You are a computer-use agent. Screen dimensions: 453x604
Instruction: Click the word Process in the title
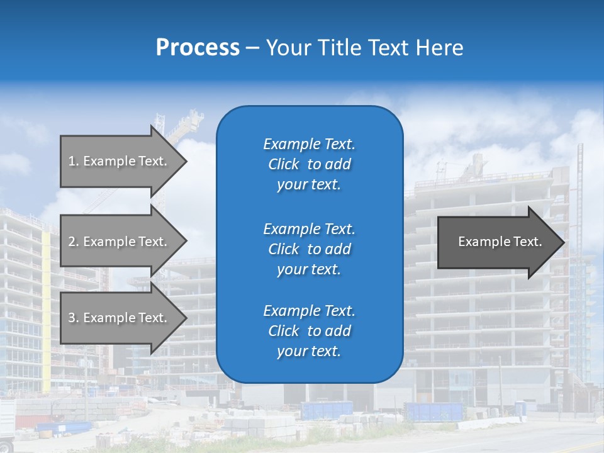point(198,48)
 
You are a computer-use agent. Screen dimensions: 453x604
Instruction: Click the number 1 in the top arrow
point(72,161)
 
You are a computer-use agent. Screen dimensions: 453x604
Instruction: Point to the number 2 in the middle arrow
point(72,242)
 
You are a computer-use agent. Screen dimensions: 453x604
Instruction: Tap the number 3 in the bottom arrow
point(72,318)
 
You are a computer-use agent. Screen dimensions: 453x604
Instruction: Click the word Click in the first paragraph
point(283,164)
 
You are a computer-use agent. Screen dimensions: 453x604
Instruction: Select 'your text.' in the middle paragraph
point(309,269)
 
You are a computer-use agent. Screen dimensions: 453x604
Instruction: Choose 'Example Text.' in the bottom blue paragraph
point(309,311)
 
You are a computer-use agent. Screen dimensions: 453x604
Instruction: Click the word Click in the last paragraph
point(283,331)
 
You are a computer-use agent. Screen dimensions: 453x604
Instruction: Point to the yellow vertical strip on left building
point(46,315)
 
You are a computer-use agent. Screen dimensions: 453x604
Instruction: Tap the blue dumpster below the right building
point(434,411)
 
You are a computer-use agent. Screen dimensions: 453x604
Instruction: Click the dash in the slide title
point(252,48)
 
